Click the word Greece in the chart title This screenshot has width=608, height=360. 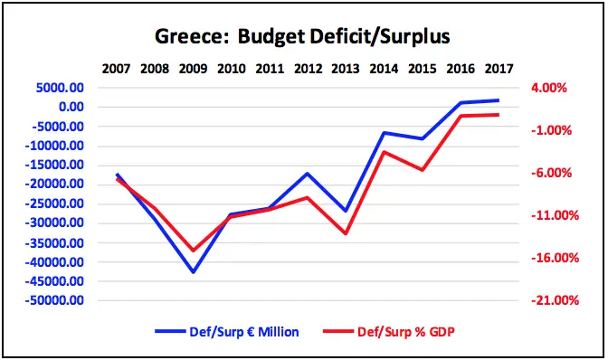pyautogui.click(x=191, y=37)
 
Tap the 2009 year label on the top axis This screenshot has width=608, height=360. pyautogui.click(x=193, y=69)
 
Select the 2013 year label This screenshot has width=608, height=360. pyautogui.click(x=346, y=69)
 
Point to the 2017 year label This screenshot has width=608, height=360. pyautogui.click(x=499, y=69)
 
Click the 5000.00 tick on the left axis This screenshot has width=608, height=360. pyautogui.click(x=60, y=88)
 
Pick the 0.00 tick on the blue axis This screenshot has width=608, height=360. pyautogui.click(x=71, y=107)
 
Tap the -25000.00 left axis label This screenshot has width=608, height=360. pyautogui.click(x=54, y=204)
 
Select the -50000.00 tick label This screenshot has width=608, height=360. pyautogui.click(x=54, y=300)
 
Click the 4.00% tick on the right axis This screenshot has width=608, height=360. pyautogui.click(x=548, y=88)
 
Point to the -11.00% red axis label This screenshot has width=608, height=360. pyautogui.click(x=555, y=215)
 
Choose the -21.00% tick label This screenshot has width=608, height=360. pyautogui.click(x=555, y=300)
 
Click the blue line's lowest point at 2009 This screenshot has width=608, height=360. pyautogui.click(x=193, y=271)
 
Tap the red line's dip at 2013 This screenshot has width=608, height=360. pyautogui.click(x=346, y=233)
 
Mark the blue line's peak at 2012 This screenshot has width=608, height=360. pyautogui.click(x=308, y=174)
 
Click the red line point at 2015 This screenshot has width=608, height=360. pyautogui.click(x=423, y=170)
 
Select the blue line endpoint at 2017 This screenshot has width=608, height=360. pyautogui.click(x=499, y=100)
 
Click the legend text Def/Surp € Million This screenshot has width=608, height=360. pyautogui.click(x=244, y=332)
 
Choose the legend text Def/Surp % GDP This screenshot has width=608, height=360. pyautogui.click(x=405, y=332)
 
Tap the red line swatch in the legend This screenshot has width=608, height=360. pyautogui.click(x=338, y=332)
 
